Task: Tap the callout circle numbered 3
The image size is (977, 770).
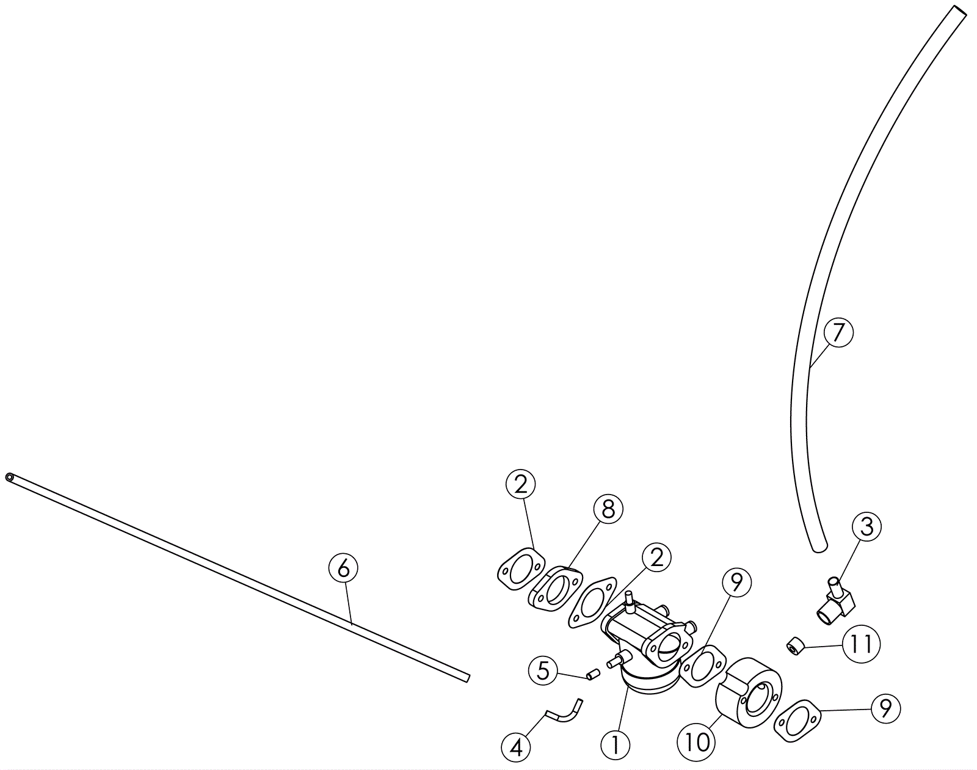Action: pyautogui.click(x=866, y=527)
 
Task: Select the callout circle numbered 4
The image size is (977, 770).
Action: pyautogui.click(x=516, y=748)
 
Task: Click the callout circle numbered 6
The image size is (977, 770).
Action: pyautogui.click(x=343, y=568)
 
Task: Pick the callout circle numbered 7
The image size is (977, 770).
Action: pyautogui.click(x=838, y=332)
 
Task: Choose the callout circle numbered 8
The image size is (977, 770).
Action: pyautogui.click(x=608, y=509)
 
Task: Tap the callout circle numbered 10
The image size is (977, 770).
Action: pyautogui.click(x=696, y=743)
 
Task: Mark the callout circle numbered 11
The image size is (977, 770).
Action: pyautogui.click(x=861, y=644)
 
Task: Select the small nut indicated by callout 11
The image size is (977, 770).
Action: pyautogui.click(x=794, y=645)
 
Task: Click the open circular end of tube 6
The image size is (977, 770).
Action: pyautogui.click(x=10, y=477)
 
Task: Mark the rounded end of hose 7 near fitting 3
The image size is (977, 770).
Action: pyautogui.click(x=819, y=547)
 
